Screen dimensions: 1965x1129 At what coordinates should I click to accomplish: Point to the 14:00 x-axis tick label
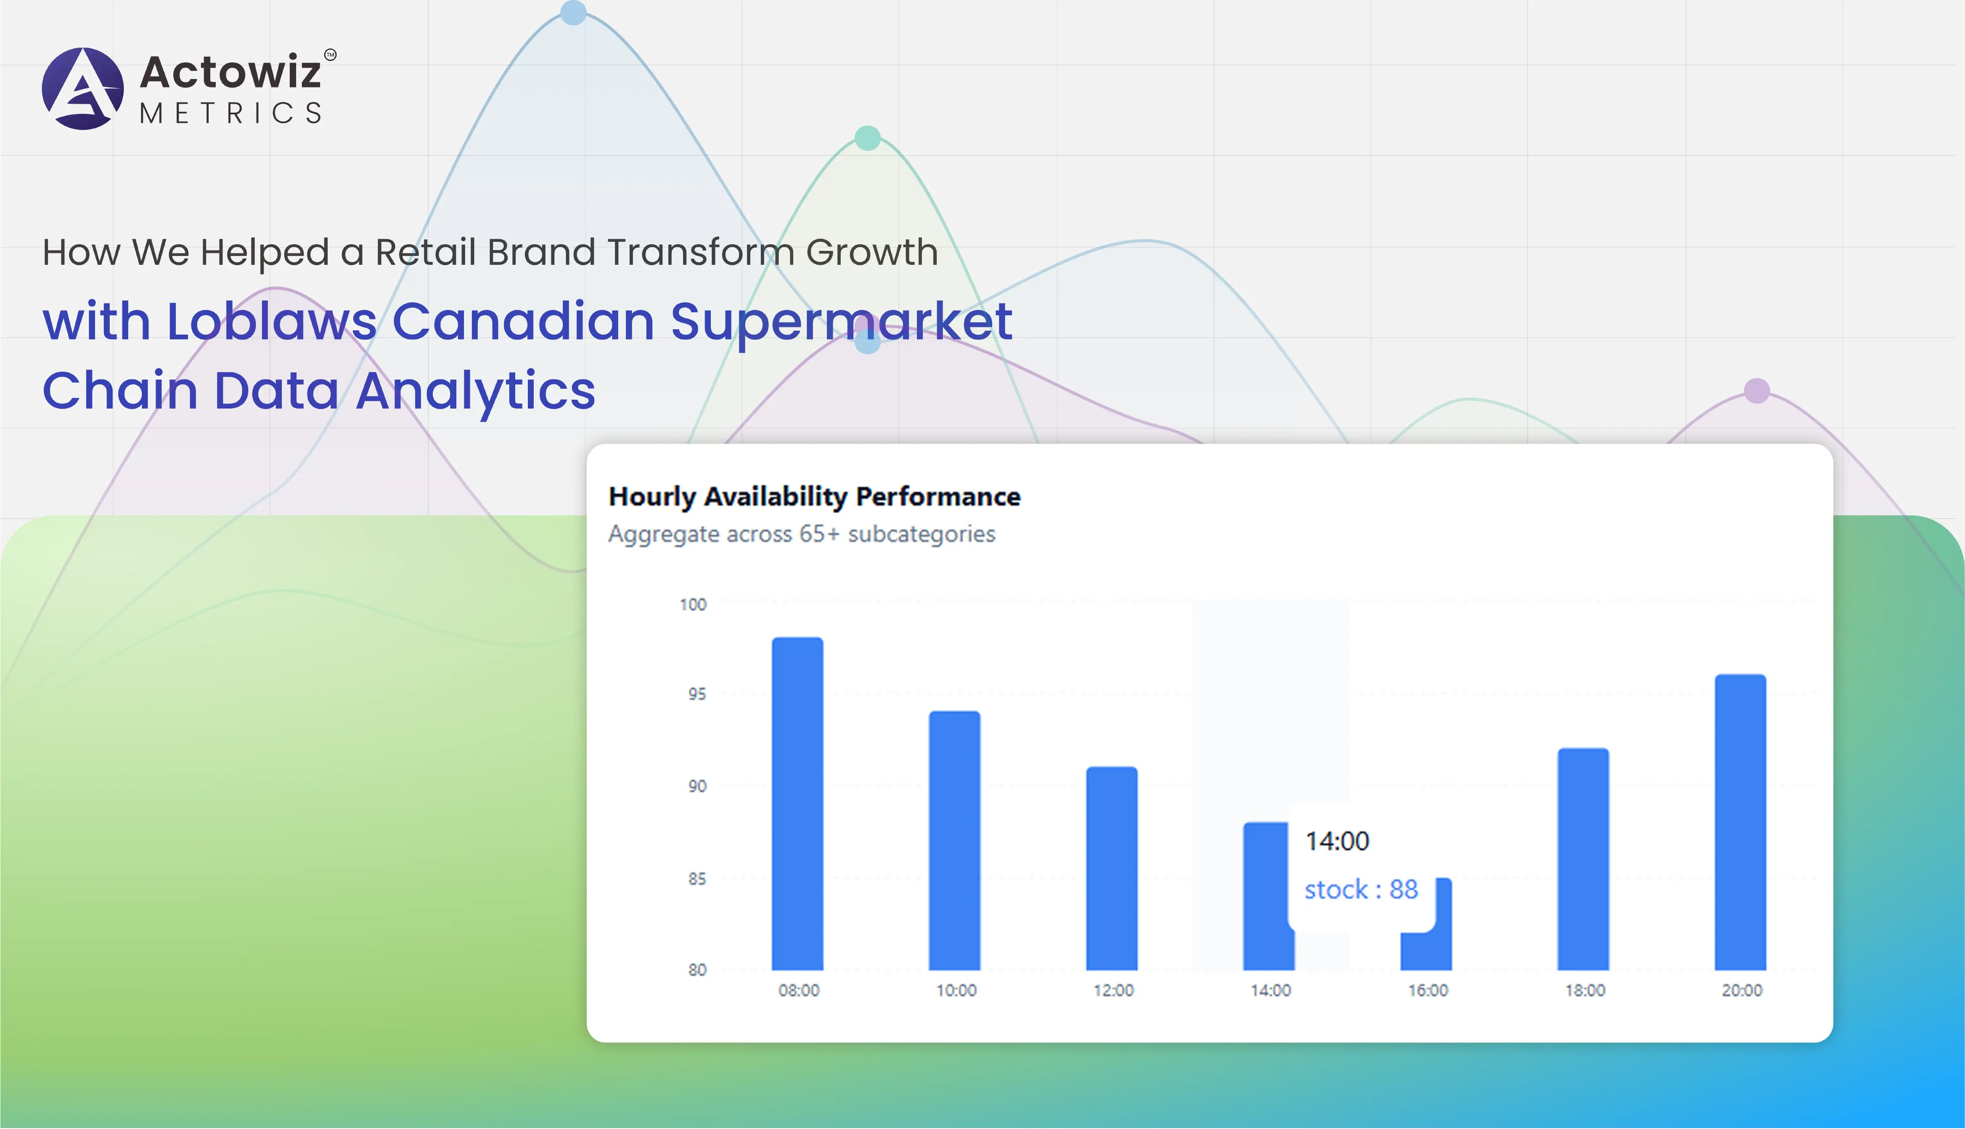pyautogui.click(x=1271, y=990)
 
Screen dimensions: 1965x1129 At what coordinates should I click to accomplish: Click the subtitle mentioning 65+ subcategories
pyautogui.click(x=801, y=534)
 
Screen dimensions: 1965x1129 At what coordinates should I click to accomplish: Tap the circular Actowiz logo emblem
pyautogui.click(x=83, y=88)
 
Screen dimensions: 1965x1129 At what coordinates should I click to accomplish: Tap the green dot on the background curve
pyautogui.click(x=867, y=138)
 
